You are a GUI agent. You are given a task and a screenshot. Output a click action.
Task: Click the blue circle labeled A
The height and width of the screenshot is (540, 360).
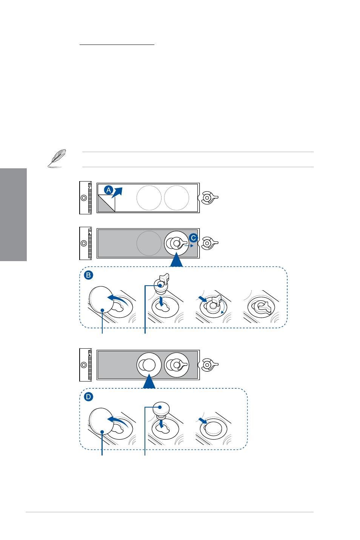click(x=109, y=190)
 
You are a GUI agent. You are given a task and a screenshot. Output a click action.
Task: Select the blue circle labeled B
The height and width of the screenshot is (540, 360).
click(x=89, y=275)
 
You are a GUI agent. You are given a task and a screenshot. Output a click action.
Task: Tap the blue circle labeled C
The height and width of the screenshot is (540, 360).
click(x=193, y=238)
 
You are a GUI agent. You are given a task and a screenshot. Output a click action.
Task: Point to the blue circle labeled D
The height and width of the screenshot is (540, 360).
click(x=89, y=397)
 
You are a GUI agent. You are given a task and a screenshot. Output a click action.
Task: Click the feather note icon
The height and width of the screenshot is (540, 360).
click(x=57, y=158)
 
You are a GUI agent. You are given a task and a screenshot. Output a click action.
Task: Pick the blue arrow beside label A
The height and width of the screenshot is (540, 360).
click(x=117, y=192)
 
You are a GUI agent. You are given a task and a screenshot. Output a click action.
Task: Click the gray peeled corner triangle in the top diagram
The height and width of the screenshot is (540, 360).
click(x=106, y=204)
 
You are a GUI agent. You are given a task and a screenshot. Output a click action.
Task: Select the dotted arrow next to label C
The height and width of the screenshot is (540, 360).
click(x=189, y=246)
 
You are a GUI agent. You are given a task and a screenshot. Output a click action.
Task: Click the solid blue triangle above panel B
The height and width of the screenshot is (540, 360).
click(x=176, y=260)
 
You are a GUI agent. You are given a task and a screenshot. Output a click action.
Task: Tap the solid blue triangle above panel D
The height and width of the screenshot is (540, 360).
click(x=149, y=381)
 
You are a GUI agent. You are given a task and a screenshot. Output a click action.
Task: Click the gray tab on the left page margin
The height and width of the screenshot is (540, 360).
click(x=13, y=215)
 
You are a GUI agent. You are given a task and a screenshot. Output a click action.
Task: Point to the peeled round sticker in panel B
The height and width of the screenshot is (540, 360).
click(x=101, y=299)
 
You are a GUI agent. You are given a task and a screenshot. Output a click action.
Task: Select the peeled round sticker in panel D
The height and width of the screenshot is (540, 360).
click(x=101, y=421)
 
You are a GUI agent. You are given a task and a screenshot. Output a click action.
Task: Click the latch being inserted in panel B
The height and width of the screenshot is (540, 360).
click(x=162, y=283)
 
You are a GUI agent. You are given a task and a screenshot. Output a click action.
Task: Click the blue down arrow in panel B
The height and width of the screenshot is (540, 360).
click(x=162, y=302)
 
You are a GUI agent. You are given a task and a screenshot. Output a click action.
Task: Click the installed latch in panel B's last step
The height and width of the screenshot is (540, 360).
click(x=263, y=307)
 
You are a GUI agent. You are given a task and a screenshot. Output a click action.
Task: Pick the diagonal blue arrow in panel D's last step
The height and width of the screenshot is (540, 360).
click(x=203, y=420)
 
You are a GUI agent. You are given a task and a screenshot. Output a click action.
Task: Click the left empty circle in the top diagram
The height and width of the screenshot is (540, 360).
click(x=149, y=198)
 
